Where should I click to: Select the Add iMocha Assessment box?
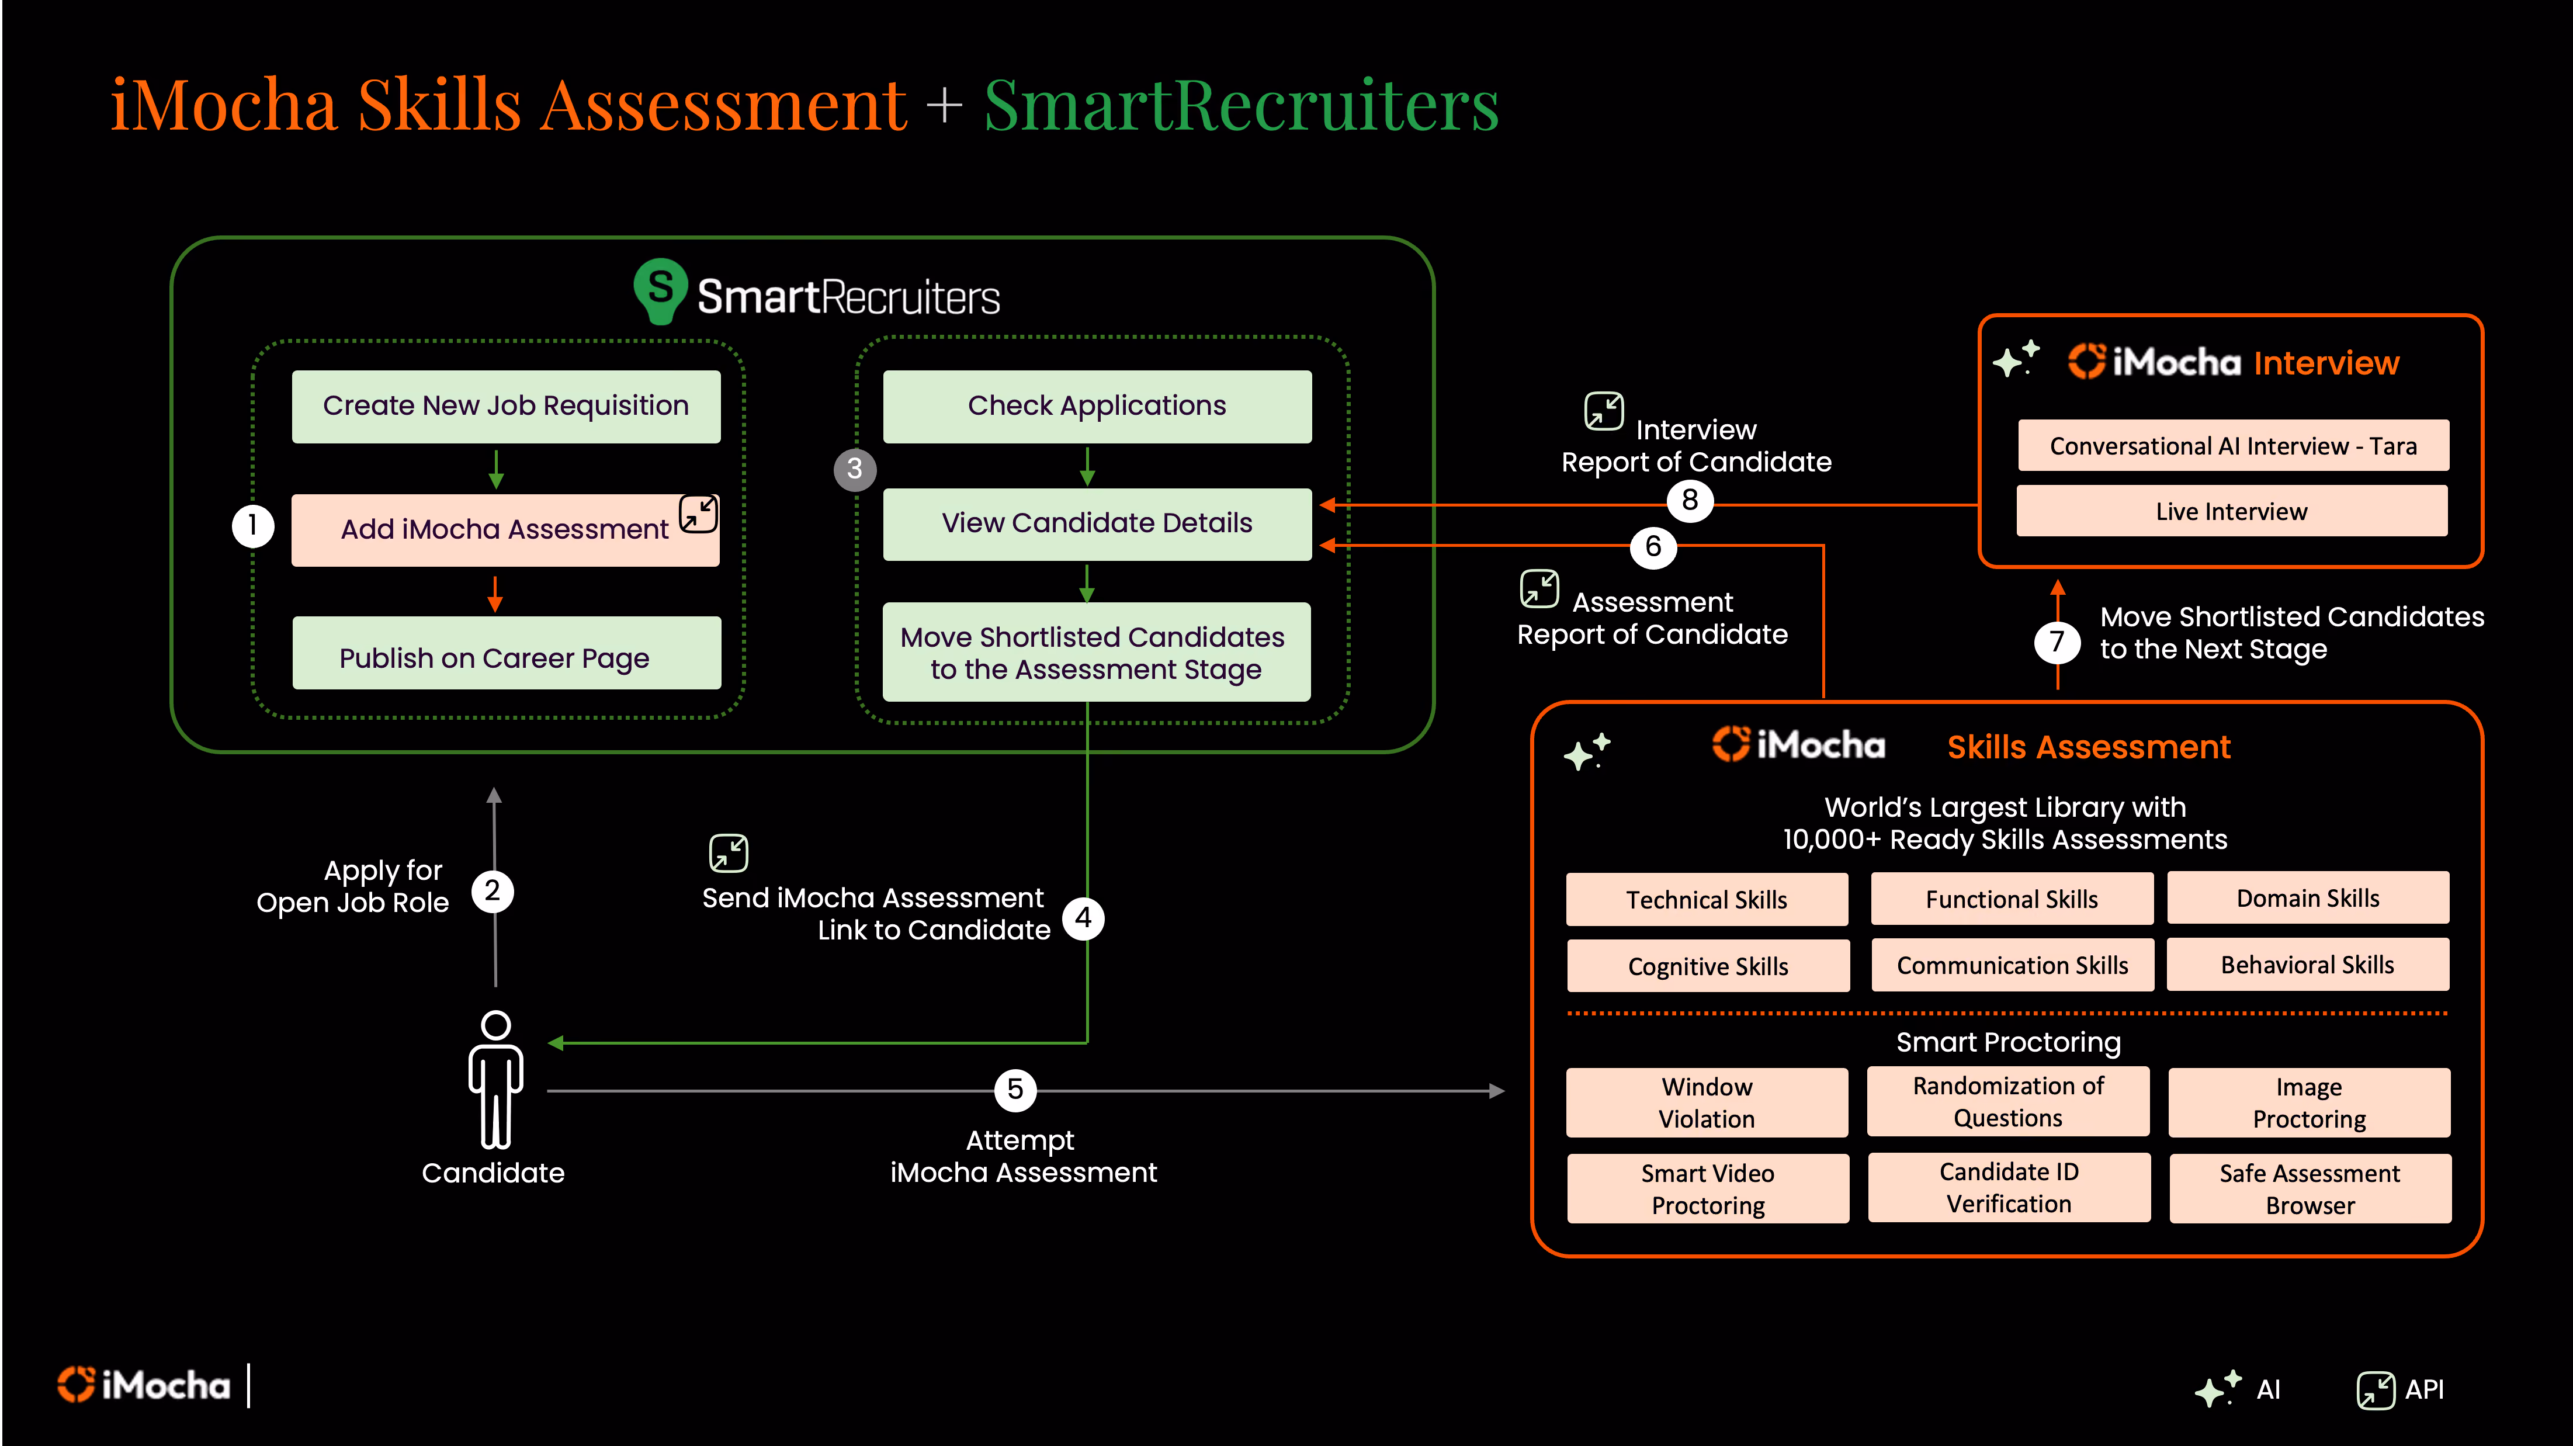(x=505, y=529)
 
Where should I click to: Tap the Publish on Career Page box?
(x=507, y=653)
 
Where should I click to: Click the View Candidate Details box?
(x=1097, y=524)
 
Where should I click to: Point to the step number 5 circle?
(x=1015, y=1090)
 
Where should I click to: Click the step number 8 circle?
(x=1689, y=500)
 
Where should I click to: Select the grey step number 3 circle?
(x=855, y=469)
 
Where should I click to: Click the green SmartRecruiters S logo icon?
(x=660, y=290)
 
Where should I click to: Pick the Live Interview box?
(x=2231, y=511)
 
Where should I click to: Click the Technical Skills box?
(x=1707, y=900)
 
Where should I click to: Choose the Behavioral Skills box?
(x=2307, y=965)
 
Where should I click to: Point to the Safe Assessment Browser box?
(x=2310, y=1188)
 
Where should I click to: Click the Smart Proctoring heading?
(x=2007, y=1042)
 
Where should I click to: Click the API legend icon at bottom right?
(x=2375, y=1389)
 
